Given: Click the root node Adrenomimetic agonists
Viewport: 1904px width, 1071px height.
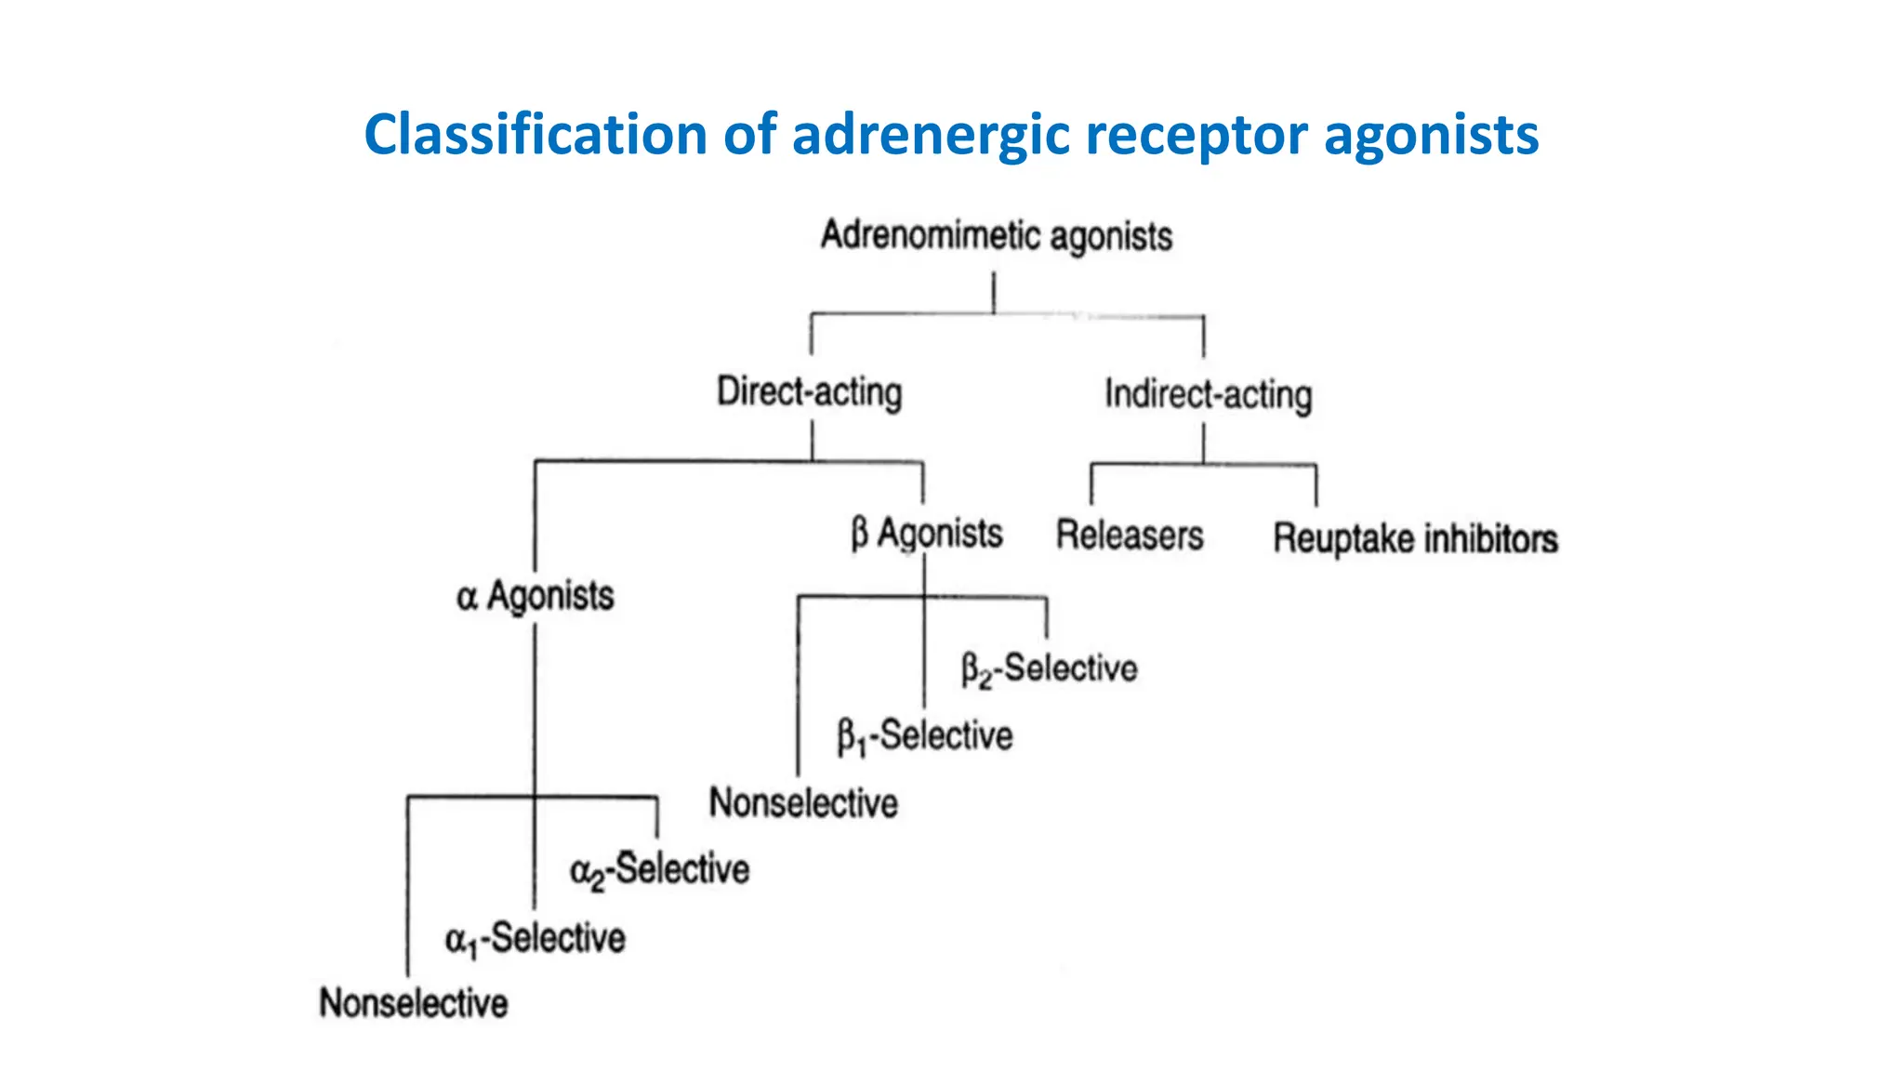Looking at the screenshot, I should [x=996, y=235].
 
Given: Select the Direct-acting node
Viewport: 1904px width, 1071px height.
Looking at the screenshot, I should [x=809, y=391].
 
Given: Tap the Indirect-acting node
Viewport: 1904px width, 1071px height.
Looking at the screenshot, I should [x=1208, y=394].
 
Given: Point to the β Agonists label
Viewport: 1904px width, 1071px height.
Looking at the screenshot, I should [x=927, y=534].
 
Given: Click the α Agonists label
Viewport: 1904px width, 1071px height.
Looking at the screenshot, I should [x=535, y=596].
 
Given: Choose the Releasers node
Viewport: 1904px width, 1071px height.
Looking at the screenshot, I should [x=1129, y=535].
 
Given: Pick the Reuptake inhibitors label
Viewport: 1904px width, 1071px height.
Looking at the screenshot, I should [x=1414, y=539].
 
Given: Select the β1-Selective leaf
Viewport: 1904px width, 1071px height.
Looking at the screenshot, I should [x=924, y=736].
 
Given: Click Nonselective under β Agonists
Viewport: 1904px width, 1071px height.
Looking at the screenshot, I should [x=803, y=803].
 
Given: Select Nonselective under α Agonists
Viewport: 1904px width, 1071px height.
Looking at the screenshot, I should [x=413, y=1003].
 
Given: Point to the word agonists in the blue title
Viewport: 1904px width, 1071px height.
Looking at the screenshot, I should [x=1431, y=135].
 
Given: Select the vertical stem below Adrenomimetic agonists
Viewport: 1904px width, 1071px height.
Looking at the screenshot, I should [x=994, y=292].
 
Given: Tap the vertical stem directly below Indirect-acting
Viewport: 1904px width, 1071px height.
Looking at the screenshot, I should [x=1204, y=443].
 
